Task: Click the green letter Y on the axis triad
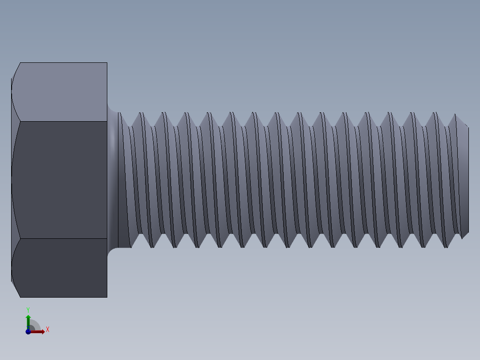tap(28, 309)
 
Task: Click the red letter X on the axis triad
tap(47, 330)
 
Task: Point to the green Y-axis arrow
tap(28, 320)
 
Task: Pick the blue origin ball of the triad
tap(28, 331)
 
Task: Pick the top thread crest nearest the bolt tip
tap(455, 116)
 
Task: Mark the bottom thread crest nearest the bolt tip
tap(446, 246)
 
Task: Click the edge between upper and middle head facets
tap(62, 121)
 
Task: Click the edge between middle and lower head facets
tap(62, 238)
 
